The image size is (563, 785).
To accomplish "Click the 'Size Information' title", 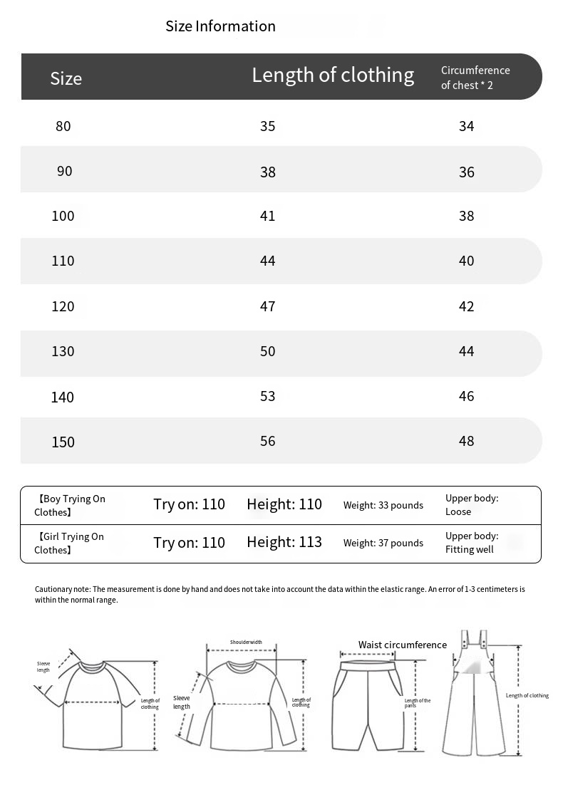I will tap(220, 26).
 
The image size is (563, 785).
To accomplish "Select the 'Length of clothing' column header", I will tap(333, 75).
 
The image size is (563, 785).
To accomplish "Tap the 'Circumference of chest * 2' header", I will tap(475, 78).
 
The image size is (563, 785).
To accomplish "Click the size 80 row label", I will tap(63, 126).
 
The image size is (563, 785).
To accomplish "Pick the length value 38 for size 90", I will tap(267, 172).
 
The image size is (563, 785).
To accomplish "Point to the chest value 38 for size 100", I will tap(466, 216).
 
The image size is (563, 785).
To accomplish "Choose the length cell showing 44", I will tap(267, 261).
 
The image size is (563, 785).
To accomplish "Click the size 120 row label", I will tap(63, 306).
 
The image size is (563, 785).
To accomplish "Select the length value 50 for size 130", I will tap(267, 351).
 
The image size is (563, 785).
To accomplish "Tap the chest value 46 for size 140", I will tap(466, 396).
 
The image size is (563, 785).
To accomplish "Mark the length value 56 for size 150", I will tap(267, 441).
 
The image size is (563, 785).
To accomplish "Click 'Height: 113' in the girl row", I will tap(284, 542).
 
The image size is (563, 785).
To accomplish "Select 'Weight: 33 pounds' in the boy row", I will tap(383, 505).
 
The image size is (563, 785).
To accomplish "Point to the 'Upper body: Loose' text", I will tap(471, 505).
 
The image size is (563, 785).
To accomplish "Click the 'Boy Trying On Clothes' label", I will tap(70, 505).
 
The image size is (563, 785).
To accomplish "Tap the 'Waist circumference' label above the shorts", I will tap(402, 645).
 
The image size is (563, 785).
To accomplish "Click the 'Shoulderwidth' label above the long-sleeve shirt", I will tap(246, 642).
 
